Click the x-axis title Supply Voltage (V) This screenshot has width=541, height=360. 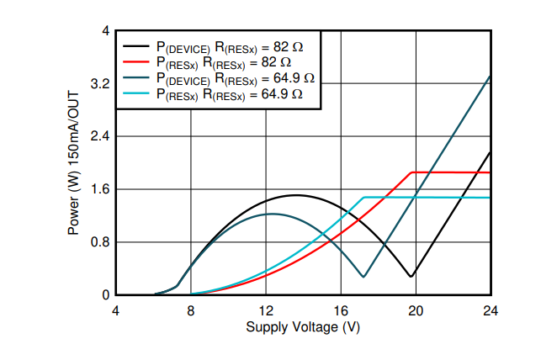click(x=303, y=327)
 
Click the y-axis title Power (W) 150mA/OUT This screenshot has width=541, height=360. click(x=73, y=163)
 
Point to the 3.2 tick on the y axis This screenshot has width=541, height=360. click(x=100, y=83)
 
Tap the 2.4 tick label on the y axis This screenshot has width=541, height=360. click(x=100, y=136)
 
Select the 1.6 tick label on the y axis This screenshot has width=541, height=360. click(x=100, y=189)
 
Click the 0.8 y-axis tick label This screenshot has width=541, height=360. click(x=100, y=242)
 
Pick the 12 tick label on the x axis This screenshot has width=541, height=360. click(x=266, y=311)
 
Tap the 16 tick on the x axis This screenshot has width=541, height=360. click(x=341, y=311)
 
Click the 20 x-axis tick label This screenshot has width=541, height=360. click(x=416, y=311)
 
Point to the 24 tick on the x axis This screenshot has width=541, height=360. click(x=491, y=311)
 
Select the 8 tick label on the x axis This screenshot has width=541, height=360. click(x=191, y=311)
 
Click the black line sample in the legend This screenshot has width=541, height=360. click(x=136, y=46)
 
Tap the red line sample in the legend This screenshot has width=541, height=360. click(x=136, y=61)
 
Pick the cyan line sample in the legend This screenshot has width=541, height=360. click(x=136, y=93)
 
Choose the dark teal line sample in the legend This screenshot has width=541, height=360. click(x=136, y=77)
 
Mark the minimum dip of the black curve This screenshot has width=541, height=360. click(x=411, y=276)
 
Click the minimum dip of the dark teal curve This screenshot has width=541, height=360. click(x=363, y=277)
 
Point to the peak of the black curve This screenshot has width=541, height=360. click(x=296, y=195)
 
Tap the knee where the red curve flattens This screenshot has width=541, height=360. click(x=411, y=172)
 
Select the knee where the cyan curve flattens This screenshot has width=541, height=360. click(x=364, y=197)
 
